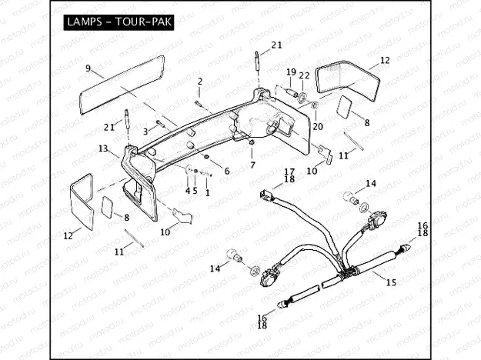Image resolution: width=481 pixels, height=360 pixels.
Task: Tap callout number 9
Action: [89, 68]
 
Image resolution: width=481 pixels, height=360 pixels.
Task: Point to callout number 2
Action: [200, 81]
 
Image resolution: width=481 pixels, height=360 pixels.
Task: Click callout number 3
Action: [144, 132]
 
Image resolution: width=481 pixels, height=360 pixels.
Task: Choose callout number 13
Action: [102, 148]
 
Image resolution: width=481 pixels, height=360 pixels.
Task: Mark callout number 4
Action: [187, 190]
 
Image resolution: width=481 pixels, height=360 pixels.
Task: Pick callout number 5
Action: [195, 190]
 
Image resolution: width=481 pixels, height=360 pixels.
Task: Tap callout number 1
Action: [207, 192]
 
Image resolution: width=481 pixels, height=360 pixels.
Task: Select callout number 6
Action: [226, 170]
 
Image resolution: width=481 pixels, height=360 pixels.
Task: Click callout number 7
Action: [252, 165]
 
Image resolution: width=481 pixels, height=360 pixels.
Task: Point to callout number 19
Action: [291, 72]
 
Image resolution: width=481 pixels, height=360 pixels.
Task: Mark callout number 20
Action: [318, 126]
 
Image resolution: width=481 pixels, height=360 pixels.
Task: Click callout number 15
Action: [391, 282]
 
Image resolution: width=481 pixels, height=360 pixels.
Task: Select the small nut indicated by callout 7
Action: [252, 143]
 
